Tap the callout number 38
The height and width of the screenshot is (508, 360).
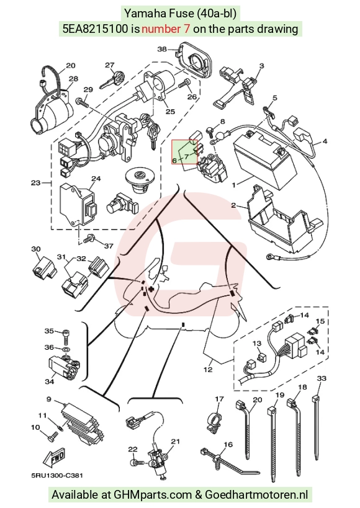pyautogui.click(x=162, y=49)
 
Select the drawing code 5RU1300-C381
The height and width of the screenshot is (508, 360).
pyautogui.click(x=57, y=475)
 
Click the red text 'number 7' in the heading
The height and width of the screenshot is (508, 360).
pyautogui.click(x=166, y=29)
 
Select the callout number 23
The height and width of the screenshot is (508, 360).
pyautogui.click(x=35, y=183)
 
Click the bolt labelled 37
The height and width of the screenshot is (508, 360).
pyautogui.click(x=88, y=239)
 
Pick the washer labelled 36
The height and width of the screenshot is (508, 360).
pyautogui.click(x=66, y=350)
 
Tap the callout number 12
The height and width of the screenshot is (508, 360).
pyautogui.click(x=208, y=369)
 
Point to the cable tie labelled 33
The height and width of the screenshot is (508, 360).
pyautogui.click(x=316, y=427)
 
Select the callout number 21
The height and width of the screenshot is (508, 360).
pyautogui.click(x=176, y=441)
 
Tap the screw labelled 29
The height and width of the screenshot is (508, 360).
pyautogui.click(x=83, y=103)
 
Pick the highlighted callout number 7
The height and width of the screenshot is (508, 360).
pyautogui.click(x=187, y=156)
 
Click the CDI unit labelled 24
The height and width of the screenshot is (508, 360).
pyautogui.click(x=77, y=204)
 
